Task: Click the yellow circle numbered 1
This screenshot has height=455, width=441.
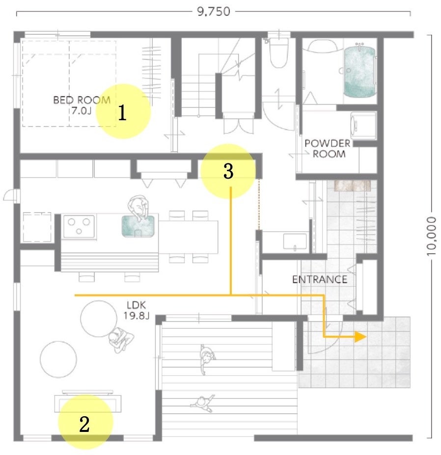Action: coord(123,111)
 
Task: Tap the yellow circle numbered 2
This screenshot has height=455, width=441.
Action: coord(85,422)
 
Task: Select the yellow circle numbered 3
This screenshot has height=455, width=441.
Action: coord(228,171)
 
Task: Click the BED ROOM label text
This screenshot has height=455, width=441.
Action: coord(82,105)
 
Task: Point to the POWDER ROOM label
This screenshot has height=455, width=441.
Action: coord(328,148)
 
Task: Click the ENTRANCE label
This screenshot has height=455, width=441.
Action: coord(320,280)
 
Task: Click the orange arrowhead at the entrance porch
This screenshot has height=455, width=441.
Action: coord(360,337)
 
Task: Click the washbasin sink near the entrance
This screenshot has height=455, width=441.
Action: coord(294,242)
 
